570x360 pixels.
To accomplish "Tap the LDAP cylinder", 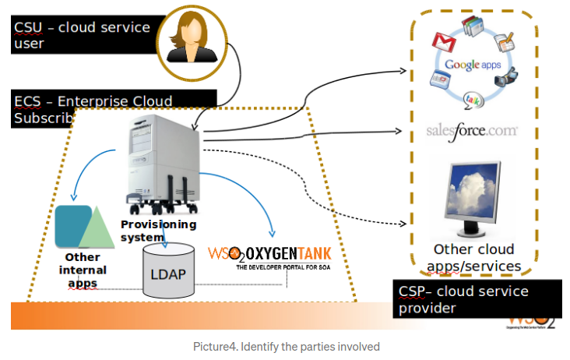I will pyautogui.click(x=169, y=270).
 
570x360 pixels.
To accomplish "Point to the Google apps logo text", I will pyautogui.click(x=473, y=65).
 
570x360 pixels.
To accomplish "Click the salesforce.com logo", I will pyautogui.click(x=472, y=130).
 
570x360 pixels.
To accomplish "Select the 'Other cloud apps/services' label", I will pyautogui.click(x=473, y=258).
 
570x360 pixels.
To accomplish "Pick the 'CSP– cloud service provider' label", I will pyautogui.click(x=463, y=299).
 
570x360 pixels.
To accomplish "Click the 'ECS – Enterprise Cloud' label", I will pyautogui.click(x=93, y=102).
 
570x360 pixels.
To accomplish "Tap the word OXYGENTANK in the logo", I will pyautogui.click(x=289, y=254).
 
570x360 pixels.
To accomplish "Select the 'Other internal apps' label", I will pyautogui.click(x=83, y=270).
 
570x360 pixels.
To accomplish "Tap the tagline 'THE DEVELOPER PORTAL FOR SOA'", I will pyautogui.click(x=283, y=266).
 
